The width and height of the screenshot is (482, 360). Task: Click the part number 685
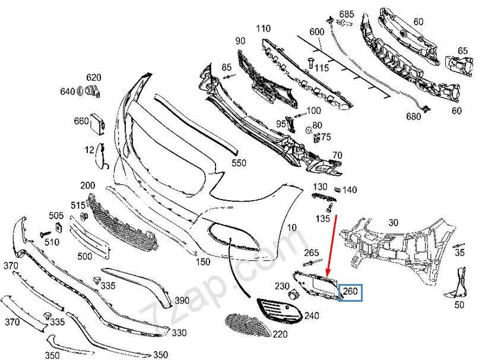pyautogui.click(x=347, y=13)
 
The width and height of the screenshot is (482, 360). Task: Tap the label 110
pyautogui.click(x=263, y=28)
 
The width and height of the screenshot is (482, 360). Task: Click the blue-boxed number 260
pyautogui.click(x=350, y=292)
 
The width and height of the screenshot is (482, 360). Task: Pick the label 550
pyautogui.click(x=239, y=162)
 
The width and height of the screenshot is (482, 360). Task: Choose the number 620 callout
pyautogui.click(x=94, y=77)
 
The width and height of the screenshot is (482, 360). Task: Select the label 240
pyautogui.click(x=311, y=315)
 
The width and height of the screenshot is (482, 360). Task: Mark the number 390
pyautogui.click(x=182, y=301)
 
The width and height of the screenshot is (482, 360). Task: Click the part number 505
pyautogui.click(x=56, y=215)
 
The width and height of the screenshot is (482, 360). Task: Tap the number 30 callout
pyautogui.click(x=393, y=223)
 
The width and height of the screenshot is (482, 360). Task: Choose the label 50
pyautogui.click(x=459, y=305)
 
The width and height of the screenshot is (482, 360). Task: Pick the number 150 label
pyautogui.click(x=203, y=261)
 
